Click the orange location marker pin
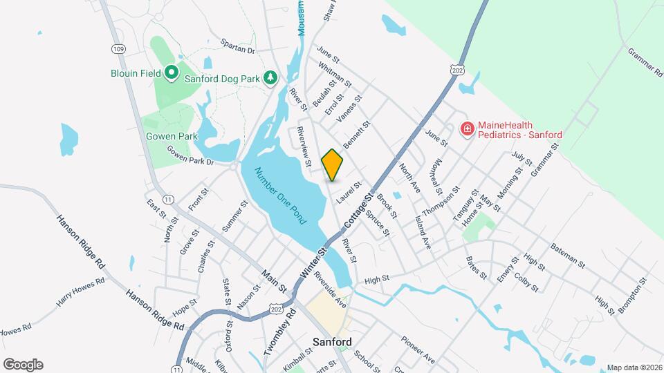tap(333, 164)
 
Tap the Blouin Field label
tap(134, 73)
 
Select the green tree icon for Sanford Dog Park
tap(271, 78)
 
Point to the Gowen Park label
tap(172, 136)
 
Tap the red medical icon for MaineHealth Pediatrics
tap(468, 129)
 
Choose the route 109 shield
tap(118, 48)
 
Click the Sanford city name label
tap(332, 342)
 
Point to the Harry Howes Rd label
tap(81, 293)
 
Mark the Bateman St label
tap(568, 253)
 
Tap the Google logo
tap(23, 365)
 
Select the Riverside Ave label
tap(329, 288)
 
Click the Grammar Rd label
tap(645, 60)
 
